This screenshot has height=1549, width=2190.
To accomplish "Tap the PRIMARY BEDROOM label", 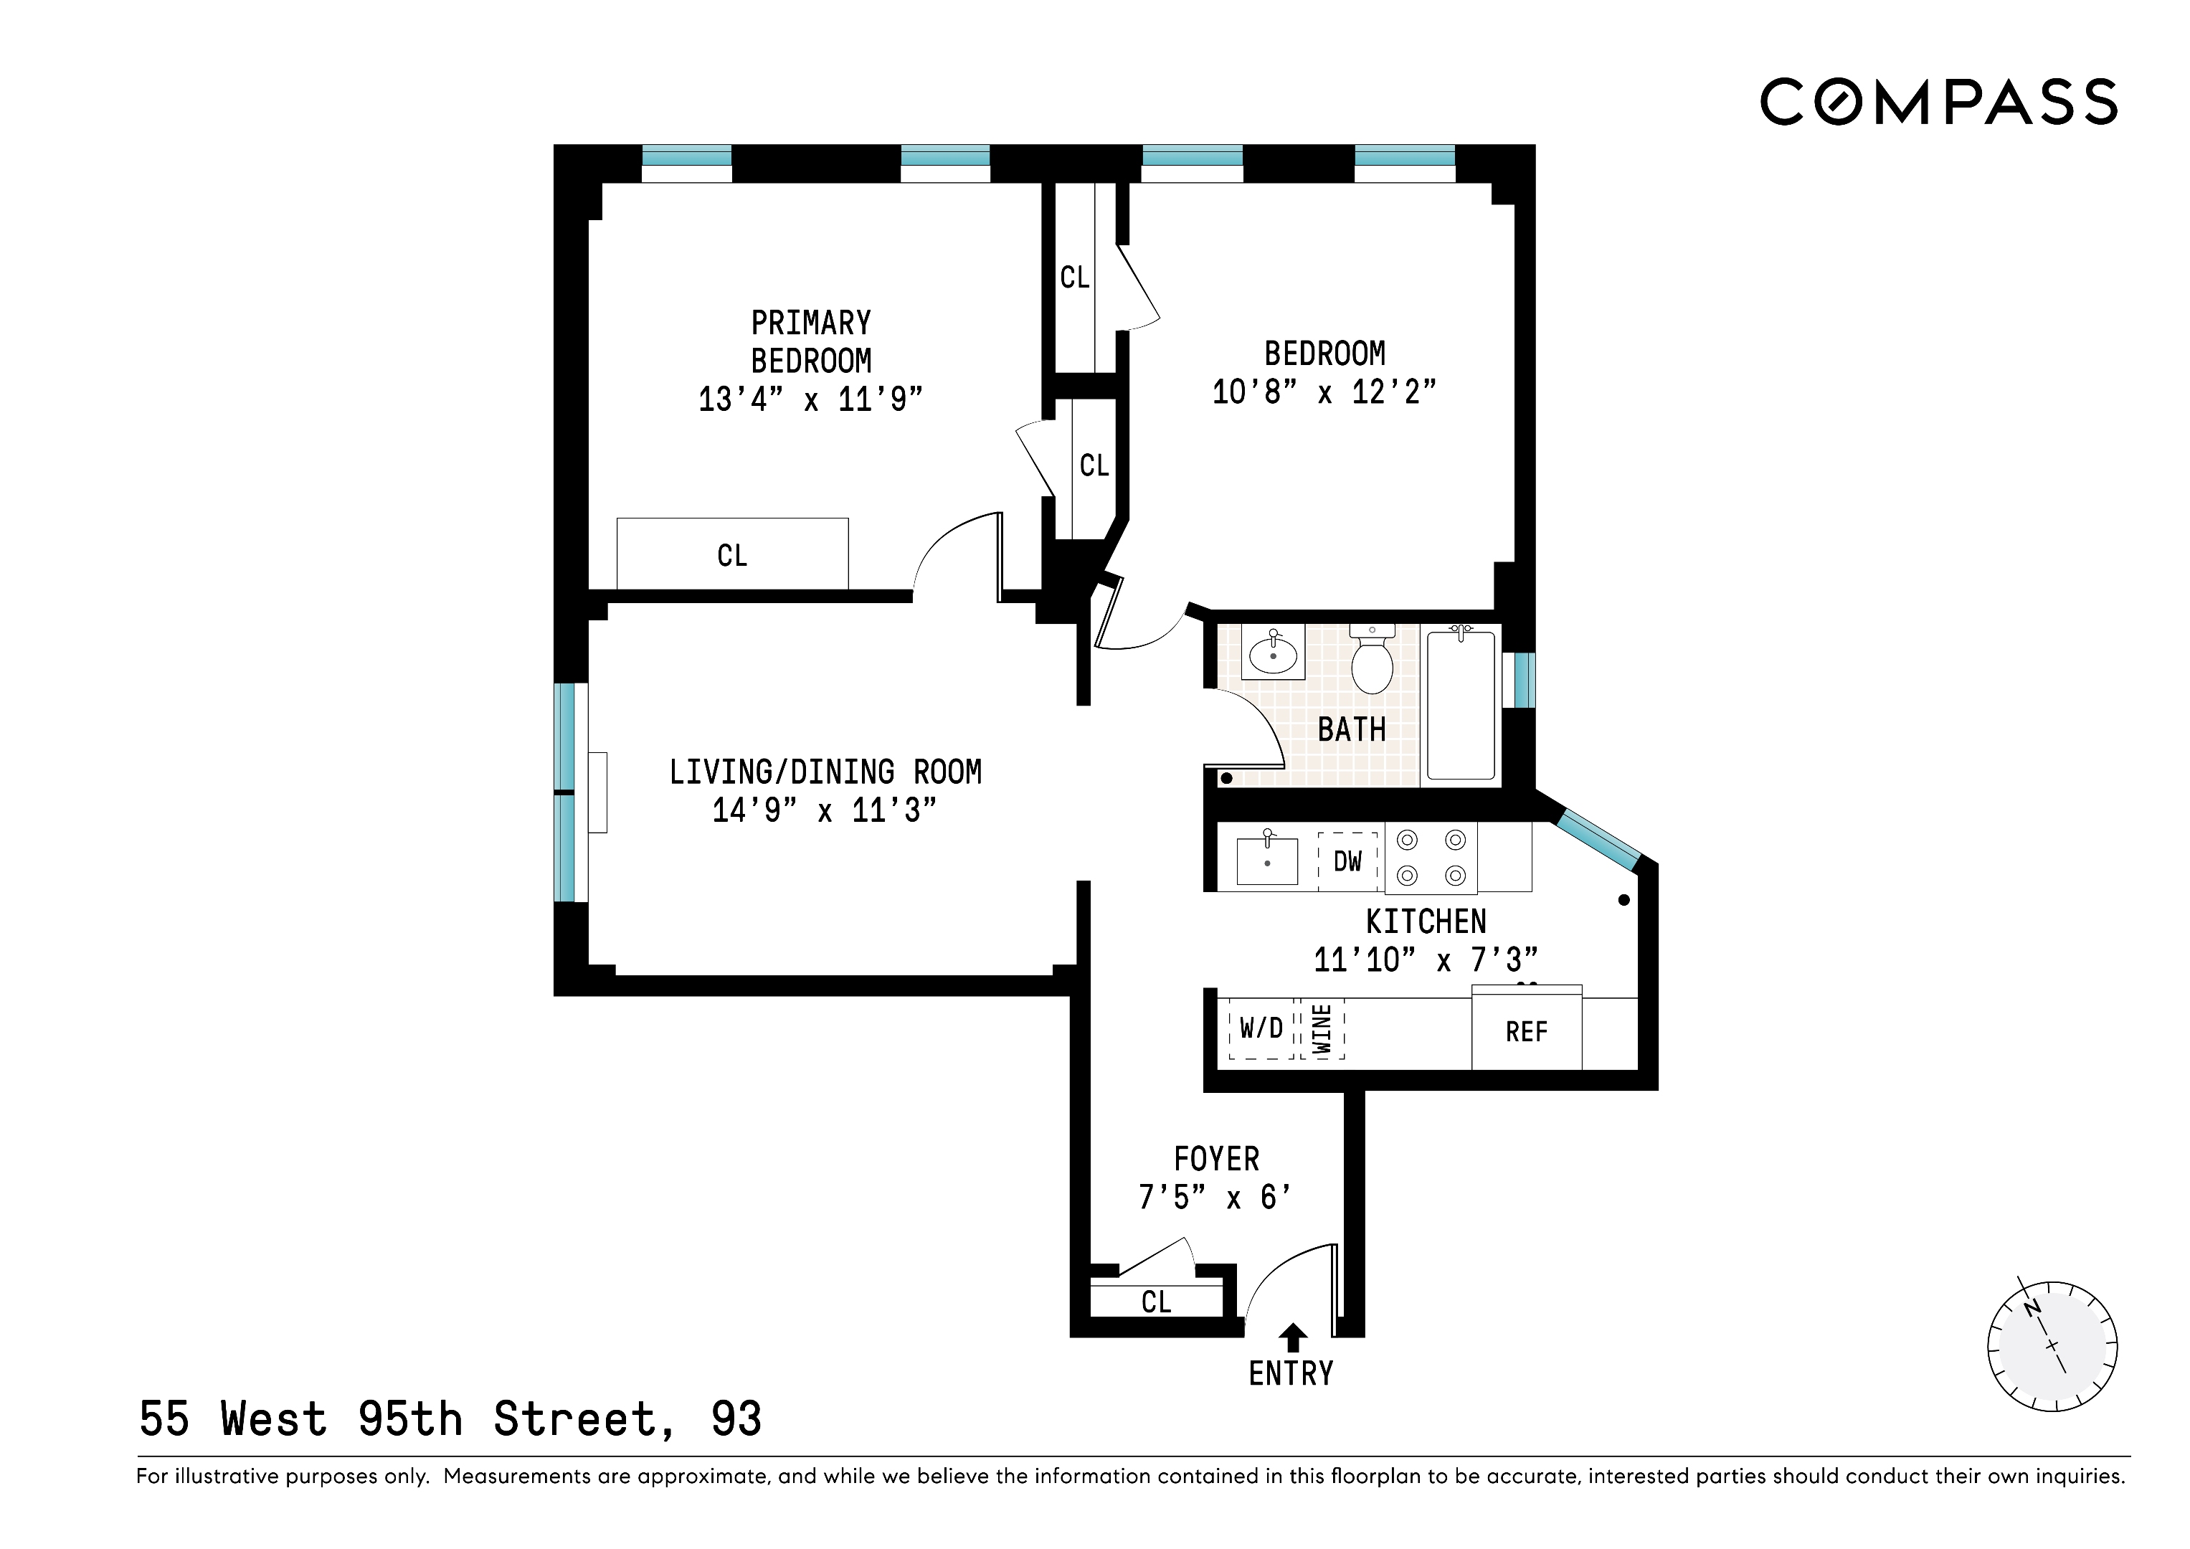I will click(x=811, y=341).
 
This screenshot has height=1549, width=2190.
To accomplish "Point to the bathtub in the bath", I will click(x=1459, y=706).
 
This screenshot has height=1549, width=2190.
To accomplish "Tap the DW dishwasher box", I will click(x=1347, y=861).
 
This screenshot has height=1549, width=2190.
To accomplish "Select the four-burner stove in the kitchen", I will click(x=1431, y=858).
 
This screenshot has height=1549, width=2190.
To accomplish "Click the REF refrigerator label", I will click(x=1526, y=1032).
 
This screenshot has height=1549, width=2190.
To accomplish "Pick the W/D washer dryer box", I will click(x=1261, y=1028).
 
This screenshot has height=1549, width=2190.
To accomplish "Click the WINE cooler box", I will click(x=1323, y=1029).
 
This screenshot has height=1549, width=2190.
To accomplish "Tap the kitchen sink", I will click(x=1266, y=861).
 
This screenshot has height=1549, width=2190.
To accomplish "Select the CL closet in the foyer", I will click(x=1156, y=1301).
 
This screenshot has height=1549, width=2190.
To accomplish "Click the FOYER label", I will click(x=1216, y=1159).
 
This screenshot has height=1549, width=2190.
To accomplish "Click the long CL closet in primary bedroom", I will click(x=733, y=555).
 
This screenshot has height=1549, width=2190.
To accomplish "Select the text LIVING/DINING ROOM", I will click(x=825, y=772).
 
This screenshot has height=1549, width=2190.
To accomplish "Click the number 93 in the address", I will click(x=736, y=1419).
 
